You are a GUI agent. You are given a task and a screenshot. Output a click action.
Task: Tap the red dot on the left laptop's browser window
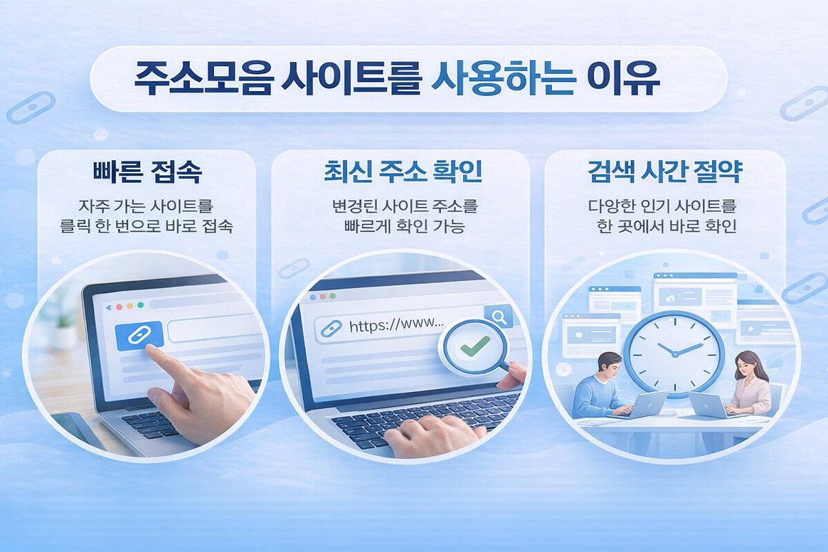(x=118, y=306)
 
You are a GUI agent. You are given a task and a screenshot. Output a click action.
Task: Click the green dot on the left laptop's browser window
(x=141, y=305)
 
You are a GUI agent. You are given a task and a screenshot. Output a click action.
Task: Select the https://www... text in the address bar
(x=396, y=324)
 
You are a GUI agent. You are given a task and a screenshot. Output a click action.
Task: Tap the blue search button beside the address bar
(x=497, y=317)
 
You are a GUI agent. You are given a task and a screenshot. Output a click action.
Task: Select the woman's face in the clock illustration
(x=745, y=363)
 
